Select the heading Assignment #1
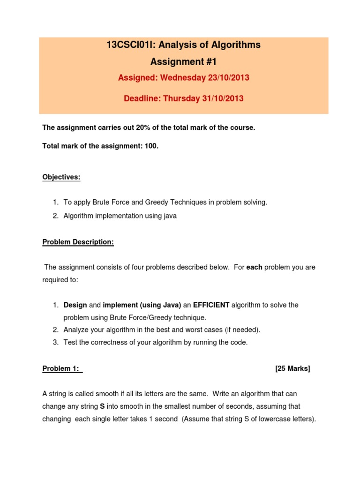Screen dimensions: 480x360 (x=184, y=61)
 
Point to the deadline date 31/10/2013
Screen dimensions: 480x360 (x=222, y=98)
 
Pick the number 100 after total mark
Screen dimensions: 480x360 (x=151, y=146)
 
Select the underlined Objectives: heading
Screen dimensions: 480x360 (x=61, y=177)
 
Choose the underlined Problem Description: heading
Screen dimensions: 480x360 (x=78, y=242)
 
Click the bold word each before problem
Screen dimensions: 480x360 (x=255, y=267)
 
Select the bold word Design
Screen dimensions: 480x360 (x=75, y=305)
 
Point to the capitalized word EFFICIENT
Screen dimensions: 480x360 (x=211, y=305)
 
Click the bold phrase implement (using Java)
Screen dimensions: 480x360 (x=142, y=305)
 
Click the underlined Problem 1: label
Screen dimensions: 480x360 (x=61, y=368)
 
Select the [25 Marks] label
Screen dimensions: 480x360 (x=292, y=368)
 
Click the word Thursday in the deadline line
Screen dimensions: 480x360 (x=181, y=98)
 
